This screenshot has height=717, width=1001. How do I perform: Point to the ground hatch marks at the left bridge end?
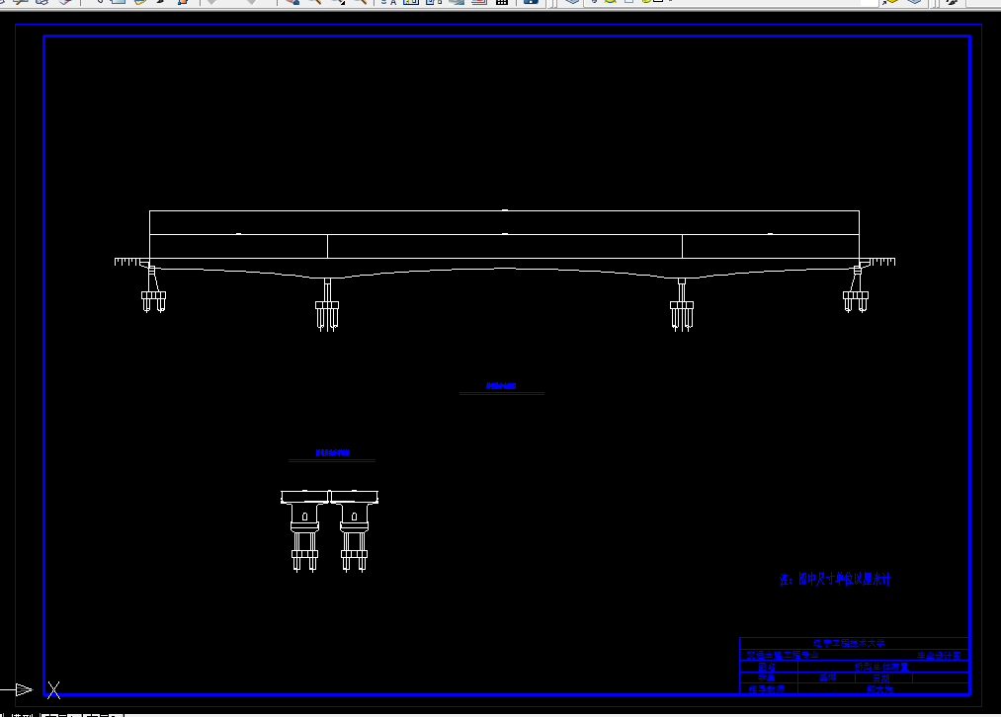[x=127, y=262]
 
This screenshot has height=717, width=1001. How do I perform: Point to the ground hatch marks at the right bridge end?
[x=881, y=262]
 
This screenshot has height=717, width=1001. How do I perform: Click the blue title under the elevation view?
[x=501, y=386]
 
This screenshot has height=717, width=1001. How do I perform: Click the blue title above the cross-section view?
[x=332, y=453]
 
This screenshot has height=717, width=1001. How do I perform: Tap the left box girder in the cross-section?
[x=305, y=495]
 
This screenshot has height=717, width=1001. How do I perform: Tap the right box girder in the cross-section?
[x=355, y=495]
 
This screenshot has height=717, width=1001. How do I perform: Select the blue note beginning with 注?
[x=835, y=580]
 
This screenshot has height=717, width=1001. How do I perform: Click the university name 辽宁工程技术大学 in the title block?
[x=849, y=643]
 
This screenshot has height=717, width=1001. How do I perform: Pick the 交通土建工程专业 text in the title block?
[x=783, y=655]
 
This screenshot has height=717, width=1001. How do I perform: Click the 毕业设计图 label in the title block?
[x=938, y=655]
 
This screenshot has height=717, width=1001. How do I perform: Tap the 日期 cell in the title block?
[x=879, y=677]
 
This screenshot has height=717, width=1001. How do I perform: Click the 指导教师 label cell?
[x=765, y=689]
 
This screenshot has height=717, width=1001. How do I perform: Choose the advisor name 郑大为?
[x=879, y=689]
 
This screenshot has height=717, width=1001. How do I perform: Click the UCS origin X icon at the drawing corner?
[x=54, y=689]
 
